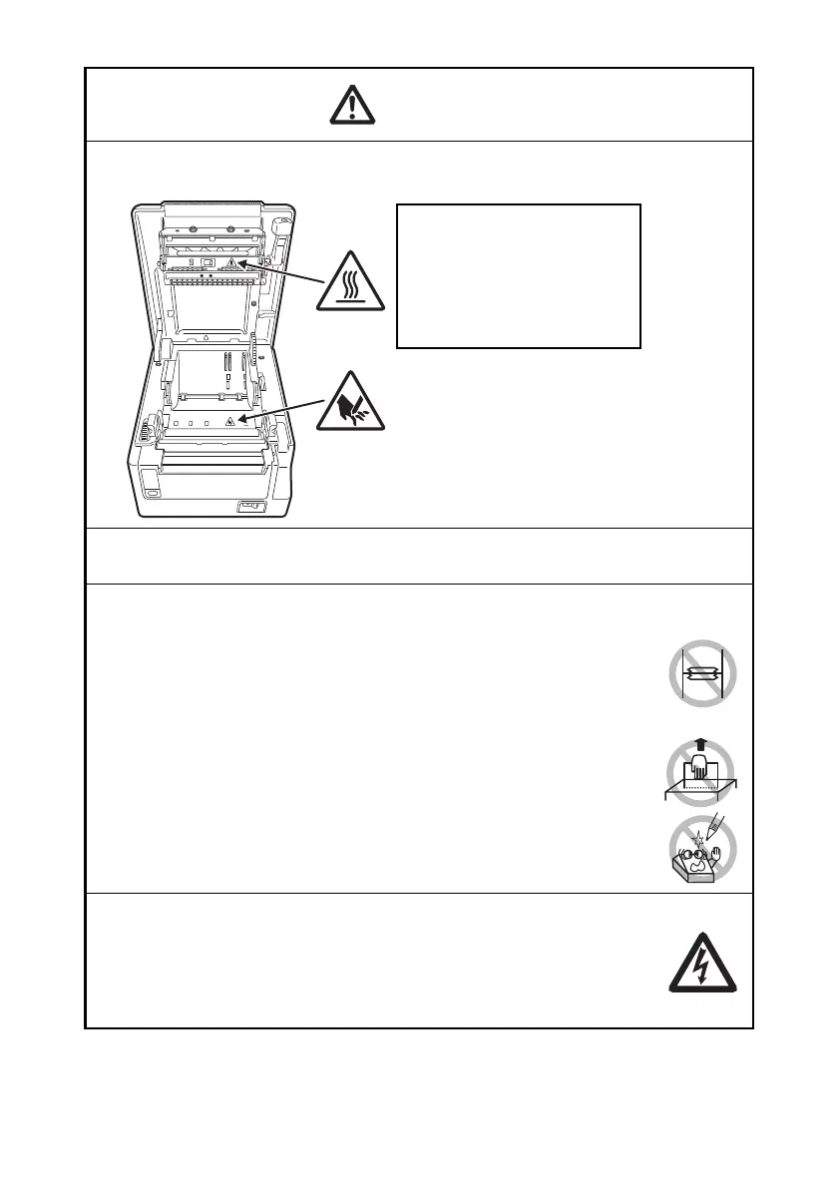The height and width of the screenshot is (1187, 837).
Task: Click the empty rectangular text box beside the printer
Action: click(x=518, y=276)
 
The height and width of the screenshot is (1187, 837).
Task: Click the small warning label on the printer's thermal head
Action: click(x=231, y=264)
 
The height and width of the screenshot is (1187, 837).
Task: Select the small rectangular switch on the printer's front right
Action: click(x=246, y=508)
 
